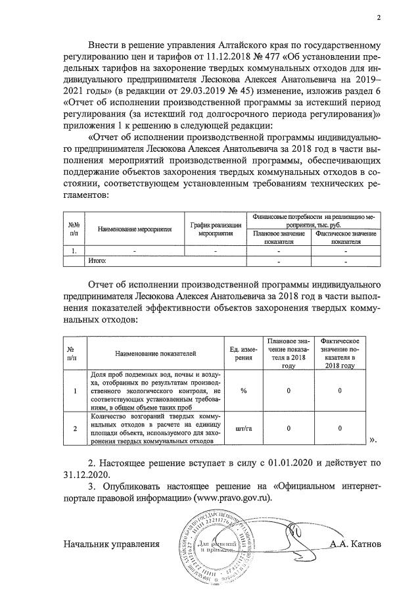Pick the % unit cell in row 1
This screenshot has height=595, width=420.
coord(243,391)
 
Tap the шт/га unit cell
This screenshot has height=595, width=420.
coord(243,428)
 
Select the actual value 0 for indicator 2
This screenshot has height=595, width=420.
coord(339,428)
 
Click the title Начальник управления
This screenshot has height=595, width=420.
coord(112,544)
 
